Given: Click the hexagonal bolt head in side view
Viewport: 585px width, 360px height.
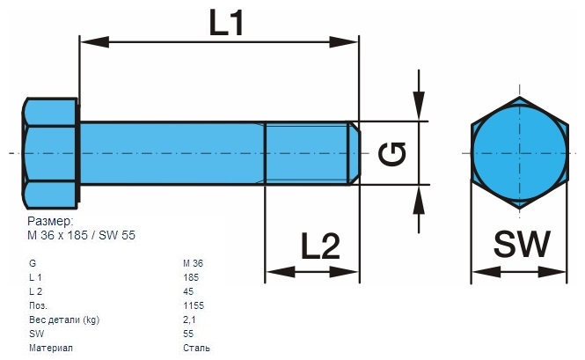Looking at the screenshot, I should [49, 152].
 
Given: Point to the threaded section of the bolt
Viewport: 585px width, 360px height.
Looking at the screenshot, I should [307, 153].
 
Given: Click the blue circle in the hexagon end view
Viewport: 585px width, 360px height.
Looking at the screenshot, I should [517, 152].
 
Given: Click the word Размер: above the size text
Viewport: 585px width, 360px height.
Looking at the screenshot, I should [50, 222].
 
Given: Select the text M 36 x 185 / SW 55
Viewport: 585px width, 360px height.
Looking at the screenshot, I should [81, 235].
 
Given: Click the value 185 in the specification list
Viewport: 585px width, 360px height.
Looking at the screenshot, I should [191, 277].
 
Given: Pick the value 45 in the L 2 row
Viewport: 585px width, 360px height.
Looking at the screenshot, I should [188, 291].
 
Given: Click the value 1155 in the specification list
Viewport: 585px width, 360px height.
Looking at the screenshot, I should [194, 305].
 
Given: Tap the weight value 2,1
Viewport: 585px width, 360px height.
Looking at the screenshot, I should [189, 320].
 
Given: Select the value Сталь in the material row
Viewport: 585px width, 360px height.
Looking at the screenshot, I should [196, 348].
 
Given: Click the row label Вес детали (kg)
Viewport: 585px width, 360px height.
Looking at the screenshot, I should [64, 320].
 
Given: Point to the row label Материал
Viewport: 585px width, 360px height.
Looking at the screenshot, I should [50, 348].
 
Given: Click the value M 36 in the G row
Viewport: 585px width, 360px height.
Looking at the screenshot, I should [194, 263].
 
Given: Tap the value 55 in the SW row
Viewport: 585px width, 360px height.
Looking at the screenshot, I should [188, 334].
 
